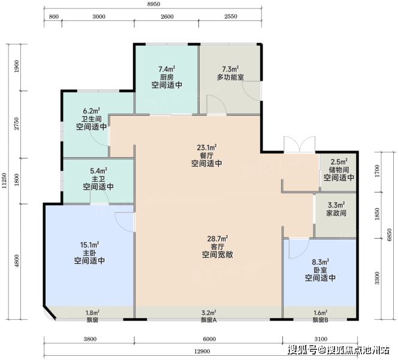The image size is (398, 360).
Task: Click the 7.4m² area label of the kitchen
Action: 167,69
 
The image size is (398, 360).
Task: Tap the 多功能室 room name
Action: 230,77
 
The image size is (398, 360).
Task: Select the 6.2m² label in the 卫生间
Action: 91,111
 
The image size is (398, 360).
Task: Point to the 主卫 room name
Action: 98,179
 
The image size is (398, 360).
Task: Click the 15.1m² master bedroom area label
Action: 89,245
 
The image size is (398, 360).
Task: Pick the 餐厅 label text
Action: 207,155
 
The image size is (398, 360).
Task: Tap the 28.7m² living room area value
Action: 218,239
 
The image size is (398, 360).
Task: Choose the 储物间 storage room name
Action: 339,169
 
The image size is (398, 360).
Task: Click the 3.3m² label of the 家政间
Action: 336,205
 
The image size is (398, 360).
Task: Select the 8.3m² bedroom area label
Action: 321,262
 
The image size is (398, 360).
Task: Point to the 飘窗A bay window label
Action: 209,320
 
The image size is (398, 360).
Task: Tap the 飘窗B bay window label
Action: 320,320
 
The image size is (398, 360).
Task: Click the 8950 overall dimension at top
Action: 153,4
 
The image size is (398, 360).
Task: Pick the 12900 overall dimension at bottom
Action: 202,352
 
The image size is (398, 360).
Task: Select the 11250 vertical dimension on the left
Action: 4,181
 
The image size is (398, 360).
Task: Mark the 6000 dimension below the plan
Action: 209,339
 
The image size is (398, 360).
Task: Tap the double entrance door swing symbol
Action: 300,145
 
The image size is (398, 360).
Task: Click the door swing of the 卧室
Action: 298,249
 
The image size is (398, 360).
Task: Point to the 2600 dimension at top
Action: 167,17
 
